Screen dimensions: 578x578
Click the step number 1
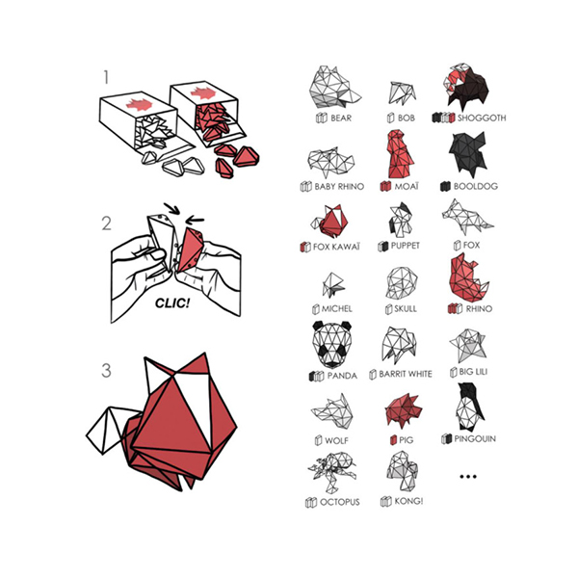point(106,77)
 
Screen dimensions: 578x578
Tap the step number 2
point(107,223)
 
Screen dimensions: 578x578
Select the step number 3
point(106,370)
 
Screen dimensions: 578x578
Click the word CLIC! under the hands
point(172,303)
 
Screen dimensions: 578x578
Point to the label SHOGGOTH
point(482,118)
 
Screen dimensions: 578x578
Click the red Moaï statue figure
point(399,154)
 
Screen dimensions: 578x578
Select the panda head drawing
point(331,344)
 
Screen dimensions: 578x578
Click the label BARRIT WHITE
point(406,374)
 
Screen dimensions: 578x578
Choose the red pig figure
point(403,411)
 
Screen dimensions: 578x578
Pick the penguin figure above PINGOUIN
point(470,407)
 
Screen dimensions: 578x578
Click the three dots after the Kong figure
point(468,476)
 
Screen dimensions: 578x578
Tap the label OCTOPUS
point(339,502)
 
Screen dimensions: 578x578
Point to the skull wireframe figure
point(402,282)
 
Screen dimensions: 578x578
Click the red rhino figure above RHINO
point(468,277)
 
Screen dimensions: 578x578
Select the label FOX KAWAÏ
point(336,247)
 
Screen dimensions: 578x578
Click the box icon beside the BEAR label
point(322,118)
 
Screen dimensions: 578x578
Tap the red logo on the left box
point(139,105)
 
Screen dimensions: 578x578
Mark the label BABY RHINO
point(339,187)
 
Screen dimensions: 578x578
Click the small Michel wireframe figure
point(333,285)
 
